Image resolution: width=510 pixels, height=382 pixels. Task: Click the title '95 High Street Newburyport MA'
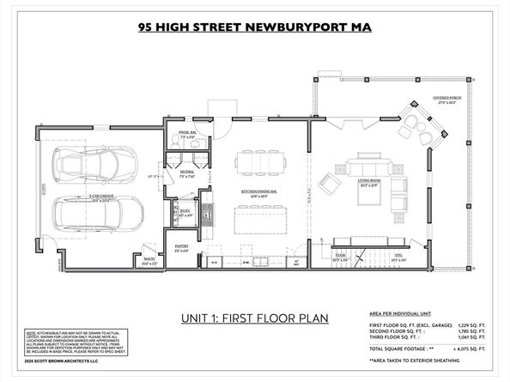click(255, 26)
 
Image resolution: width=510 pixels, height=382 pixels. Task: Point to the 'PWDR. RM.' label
click(187, 134)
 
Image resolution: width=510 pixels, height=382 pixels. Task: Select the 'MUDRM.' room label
click(187, 173)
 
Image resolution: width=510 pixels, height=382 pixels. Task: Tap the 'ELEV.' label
click(185, 212)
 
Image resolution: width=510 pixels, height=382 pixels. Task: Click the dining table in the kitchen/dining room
click(261, 161)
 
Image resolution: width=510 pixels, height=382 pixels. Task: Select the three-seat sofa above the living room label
click(366, 162)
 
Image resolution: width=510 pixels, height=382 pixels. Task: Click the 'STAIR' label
click(340, 255)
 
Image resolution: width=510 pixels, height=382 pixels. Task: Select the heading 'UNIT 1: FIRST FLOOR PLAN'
click(254, 318)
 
